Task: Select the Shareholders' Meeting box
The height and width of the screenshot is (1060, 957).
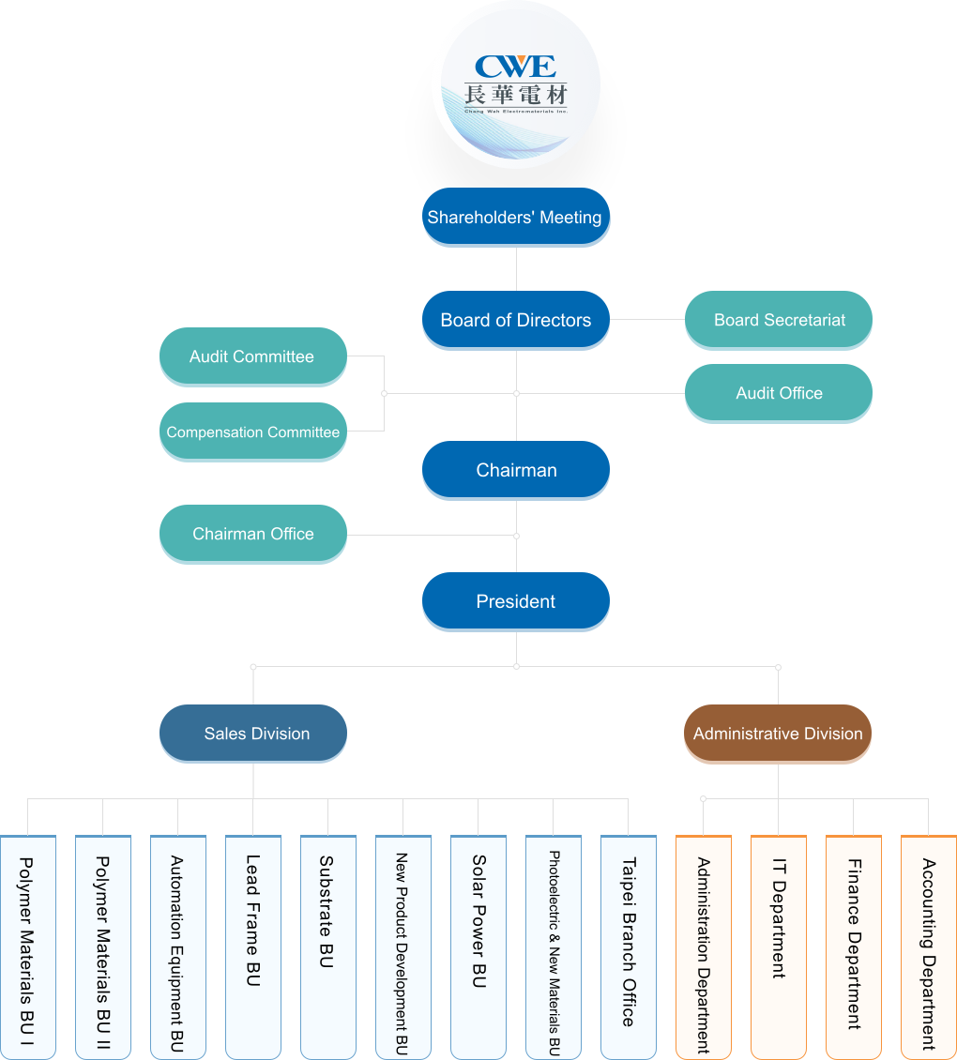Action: coord(516,217)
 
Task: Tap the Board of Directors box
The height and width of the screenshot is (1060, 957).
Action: coord(516,320)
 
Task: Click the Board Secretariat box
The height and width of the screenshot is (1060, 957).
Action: coord(779,320)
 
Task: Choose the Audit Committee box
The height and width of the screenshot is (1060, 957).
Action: coord(252,356)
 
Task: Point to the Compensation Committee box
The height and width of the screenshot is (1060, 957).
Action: coord(252,432)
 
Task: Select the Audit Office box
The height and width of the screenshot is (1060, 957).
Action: coord(779,393)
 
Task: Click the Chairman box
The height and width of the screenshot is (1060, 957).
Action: coord(516,470)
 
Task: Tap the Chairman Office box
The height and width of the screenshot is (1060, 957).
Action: coord(252,534)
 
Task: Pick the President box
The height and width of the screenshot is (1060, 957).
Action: coord(516,601)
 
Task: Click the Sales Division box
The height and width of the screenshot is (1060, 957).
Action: coord(253,734)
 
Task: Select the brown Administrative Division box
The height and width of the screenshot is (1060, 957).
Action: coord(778,734)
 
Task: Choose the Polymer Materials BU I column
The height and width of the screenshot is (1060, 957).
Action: coord(28,947)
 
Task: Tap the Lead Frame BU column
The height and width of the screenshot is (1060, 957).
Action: coord(253,947)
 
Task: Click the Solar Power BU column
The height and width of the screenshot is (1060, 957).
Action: coord(478,947)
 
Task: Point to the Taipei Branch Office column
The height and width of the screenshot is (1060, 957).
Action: coord(629,947)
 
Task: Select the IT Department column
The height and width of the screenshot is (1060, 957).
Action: coord(779,947)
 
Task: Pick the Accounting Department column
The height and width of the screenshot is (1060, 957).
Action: coord(929,947)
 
